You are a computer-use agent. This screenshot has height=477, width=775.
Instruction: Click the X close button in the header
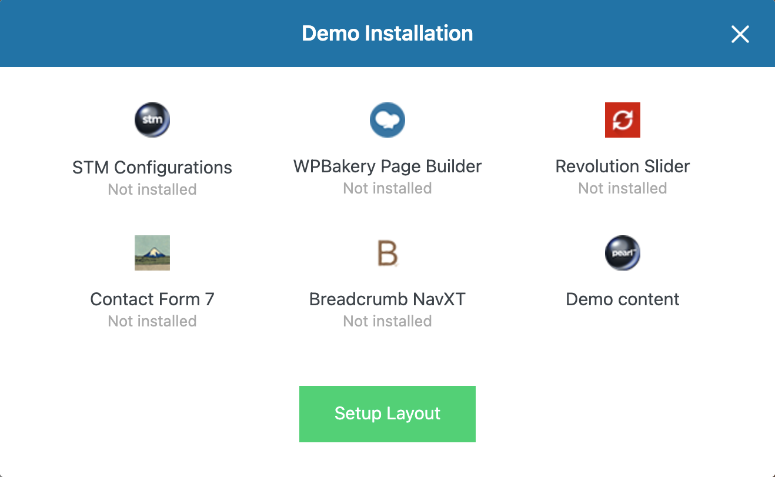click(x=740, y=34)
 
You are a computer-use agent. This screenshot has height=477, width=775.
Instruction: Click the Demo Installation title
click(x=387, y=33)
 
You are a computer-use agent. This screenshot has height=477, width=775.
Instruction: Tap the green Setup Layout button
click(x=387, y=413)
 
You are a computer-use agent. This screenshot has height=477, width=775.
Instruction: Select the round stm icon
click(x=152, y=120)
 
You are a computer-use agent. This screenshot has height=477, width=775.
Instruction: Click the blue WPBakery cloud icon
click(x=387, y=120)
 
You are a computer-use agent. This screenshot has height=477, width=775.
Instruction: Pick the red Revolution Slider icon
click(x=623, y=120)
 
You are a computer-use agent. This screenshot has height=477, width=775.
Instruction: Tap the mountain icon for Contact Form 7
click(x=152, y=253)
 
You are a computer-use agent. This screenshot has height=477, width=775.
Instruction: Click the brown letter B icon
click(x=387, y=253)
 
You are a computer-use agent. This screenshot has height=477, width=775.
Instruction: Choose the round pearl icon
click(x=623, y=253)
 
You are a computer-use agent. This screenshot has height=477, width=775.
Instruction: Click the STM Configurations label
click(x=152, y=168)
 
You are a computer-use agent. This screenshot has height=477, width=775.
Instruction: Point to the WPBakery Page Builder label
click(x=387, y=167)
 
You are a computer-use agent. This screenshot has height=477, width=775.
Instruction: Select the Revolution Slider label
click(x=623, y=166)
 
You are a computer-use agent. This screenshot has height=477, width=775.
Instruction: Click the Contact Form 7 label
click(x=152, y=299)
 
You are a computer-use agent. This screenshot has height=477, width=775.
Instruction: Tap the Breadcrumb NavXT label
click(x=387, y=299)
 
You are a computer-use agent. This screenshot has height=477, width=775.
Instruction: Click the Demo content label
click(x=623, y=299)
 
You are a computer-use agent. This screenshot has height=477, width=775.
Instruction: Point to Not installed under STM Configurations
click(x=152, y=189)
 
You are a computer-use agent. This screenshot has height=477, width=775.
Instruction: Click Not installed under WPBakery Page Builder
click(x=387, y=188)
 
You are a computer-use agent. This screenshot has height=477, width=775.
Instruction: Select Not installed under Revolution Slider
click(x=623, y=188)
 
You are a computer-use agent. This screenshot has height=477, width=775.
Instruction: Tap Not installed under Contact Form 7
click(x=152, y=321)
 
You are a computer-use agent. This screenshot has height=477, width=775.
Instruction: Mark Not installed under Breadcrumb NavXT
click(x=387, y=321)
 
